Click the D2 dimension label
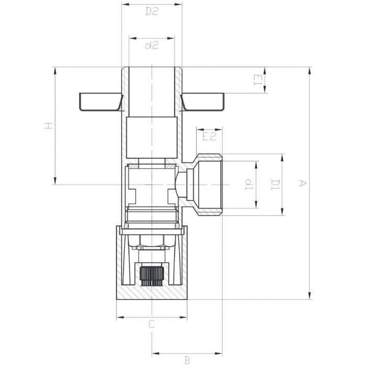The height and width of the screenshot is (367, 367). click(x=152, y=11)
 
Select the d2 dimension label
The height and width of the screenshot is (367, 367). click(x=152, y=45)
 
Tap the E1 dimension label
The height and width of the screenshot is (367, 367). click(x=257, y=80)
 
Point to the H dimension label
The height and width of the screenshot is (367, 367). click(x=49, y=126)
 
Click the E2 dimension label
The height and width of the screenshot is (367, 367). click(x=209, y=136)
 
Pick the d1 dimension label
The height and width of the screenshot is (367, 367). click(x=249, y=185)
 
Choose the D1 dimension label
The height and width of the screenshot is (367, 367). click(x=275, y=185)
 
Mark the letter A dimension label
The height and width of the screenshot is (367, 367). click(x=302, y=183)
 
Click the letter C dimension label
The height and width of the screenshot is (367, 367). click(x=152, y=325)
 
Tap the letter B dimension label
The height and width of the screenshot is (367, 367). click(x=187, y=360)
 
